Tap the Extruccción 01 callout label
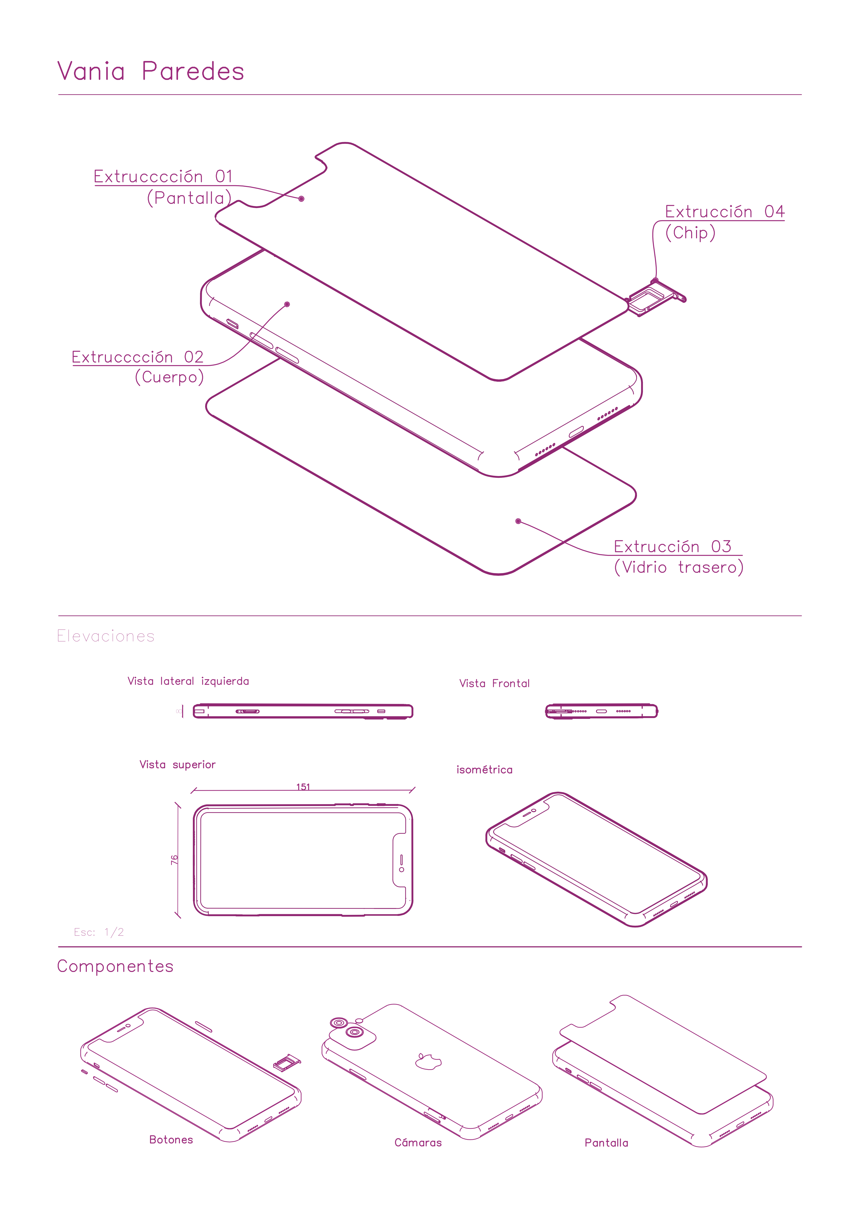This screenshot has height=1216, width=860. (x=163, y=176)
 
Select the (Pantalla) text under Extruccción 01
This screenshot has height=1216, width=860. (x=189, y=198)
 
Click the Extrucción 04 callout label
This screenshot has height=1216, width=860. (x=724, y=212)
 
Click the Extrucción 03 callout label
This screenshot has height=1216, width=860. (x=673, y=547)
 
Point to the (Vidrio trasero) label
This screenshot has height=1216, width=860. (x=679, y=567)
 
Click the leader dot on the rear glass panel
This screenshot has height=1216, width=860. (x=518, y=521)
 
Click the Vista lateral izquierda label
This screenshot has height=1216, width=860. (x=188, y=681)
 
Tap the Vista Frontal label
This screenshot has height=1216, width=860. (x=494, y=683)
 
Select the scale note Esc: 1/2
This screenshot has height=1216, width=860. (x=99, y=932)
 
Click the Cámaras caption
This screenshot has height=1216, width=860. (x=418, y=1142)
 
